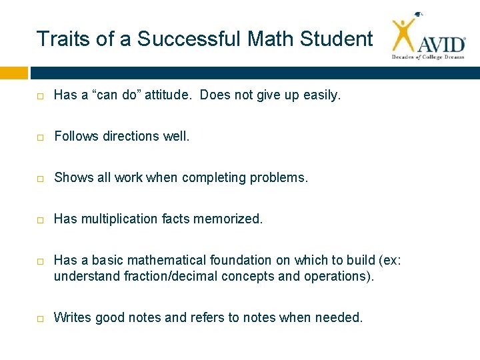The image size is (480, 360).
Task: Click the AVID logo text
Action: point(442,45)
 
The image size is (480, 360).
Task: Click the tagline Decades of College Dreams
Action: point(427,57)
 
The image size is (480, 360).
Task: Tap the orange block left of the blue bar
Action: point(14,73)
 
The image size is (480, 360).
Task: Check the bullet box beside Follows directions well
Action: point(40,137)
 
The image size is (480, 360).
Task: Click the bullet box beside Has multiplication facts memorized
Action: point(40,219)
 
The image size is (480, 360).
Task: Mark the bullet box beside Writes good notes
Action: point(40,318)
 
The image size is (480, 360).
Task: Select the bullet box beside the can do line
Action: point(40,96)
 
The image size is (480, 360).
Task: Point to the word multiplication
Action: point(117,219)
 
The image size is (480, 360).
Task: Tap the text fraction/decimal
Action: point(165,276)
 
